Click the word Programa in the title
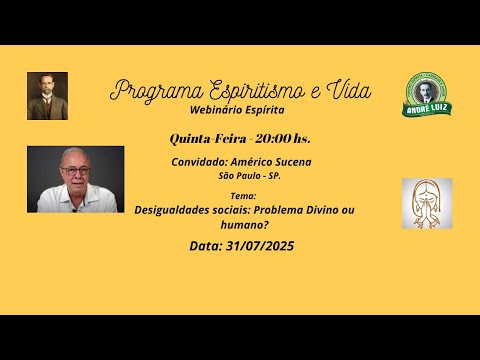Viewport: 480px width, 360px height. [x=151, y=90]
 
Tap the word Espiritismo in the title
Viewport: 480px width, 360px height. [x=252, y=90]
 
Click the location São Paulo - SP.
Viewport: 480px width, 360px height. [x=250, y=176]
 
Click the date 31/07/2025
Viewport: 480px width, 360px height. [x=260, y=245]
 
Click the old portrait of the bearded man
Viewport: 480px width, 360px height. [x=47, y=96]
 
